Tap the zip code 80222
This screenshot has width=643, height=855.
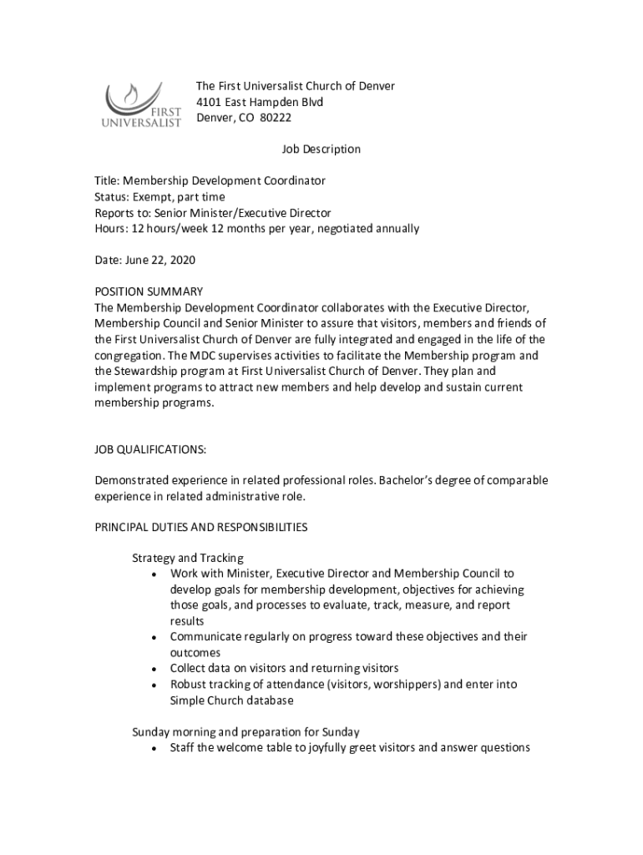pos(276,118)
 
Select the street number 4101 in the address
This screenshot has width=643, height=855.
pos(210,102)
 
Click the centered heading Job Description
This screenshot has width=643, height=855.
pos(321,149)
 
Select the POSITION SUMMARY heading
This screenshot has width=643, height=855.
pos(149,291)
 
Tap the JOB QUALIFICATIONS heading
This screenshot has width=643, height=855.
pos(150,449)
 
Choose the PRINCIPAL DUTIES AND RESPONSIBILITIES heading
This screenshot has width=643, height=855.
pos(201,528)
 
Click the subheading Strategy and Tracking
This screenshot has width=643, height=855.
pos(188,558)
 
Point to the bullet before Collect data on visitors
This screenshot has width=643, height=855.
pos(155,670)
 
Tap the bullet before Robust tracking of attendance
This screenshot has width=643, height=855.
pos(155,686)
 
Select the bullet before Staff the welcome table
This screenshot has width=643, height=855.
pos(155,749)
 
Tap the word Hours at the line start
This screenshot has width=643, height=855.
pos(110,229)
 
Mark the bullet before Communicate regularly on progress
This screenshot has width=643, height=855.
pos(155,638)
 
